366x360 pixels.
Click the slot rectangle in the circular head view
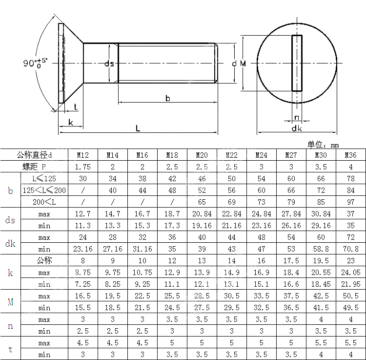click(297, 63)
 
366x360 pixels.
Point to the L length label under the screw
click(138, 128)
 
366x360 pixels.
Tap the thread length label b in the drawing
click(167, 98)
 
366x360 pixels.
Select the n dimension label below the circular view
click(297, 117)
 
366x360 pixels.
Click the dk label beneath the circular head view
click(297, 128)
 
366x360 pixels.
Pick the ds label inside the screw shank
click(110, 64)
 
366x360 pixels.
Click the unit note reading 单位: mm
click(323, 145)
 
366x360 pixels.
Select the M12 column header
click(83, 155)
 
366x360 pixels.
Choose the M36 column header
click(350, 155)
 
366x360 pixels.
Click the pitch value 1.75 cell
click(83, 167)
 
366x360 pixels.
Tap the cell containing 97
click(350, 202)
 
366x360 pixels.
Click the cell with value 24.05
click(350, 273)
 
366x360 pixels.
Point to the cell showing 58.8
click(321, 249)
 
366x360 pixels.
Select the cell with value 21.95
click(350, 284)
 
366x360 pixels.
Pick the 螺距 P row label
click(34, 167)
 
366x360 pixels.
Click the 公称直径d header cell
click(34, 155)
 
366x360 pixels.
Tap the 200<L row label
click(44, 202)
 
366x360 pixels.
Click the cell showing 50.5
click(350, 296)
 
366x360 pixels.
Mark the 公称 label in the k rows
click(44, 261)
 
